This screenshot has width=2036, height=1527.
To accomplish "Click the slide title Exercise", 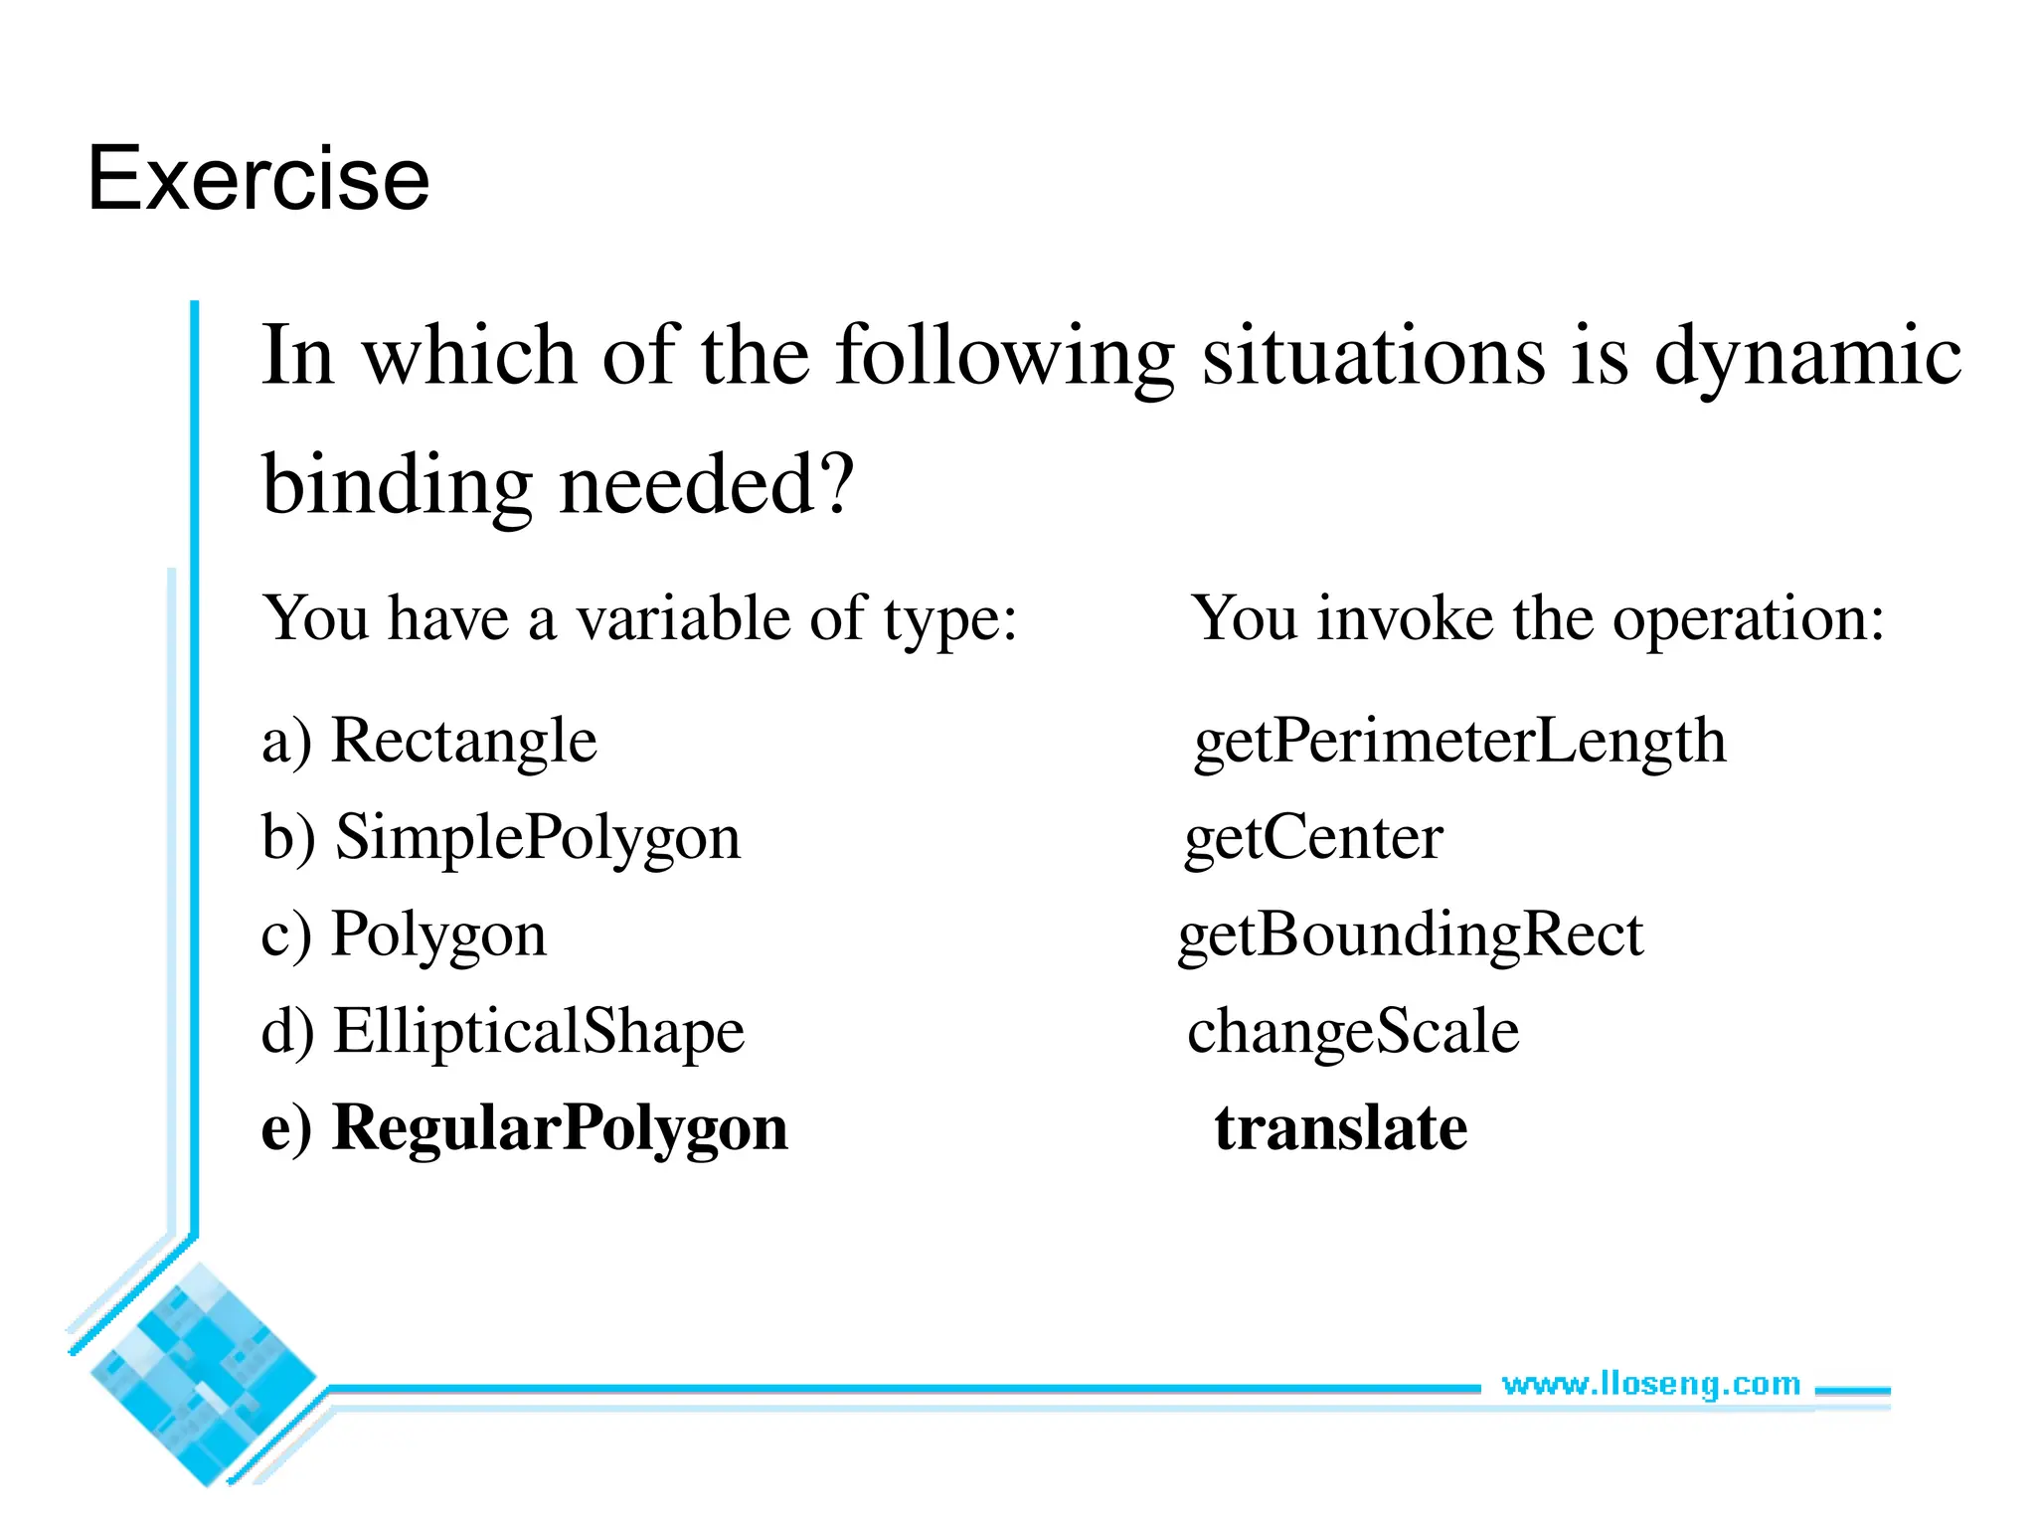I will click(x=258, y=179).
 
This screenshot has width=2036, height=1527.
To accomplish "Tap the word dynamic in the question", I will click(x=1807, y=356).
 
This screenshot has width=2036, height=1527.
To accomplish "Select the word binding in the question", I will click(x=398, y=485).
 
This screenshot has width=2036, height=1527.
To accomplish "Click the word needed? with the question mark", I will click(x=707, y=485).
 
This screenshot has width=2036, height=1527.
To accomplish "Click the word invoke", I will click(x=1405, y=618).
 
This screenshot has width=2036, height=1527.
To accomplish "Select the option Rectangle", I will click(x=463, y=741).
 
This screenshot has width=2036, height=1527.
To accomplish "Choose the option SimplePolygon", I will click(x=538, y=837).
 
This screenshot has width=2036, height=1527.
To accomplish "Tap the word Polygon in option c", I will click(x=438, y=934).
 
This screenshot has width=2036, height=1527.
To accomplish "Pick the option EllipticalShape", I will click(x=539, y=1031).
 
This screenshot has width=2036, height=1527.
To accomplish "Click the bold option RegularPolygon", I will click(x=560, y=1128).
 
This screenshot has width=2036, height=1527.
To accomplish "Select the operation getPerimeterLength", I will click(x=1459, y=741).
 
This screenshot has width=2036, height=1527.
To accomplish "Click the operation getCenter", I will click(x=1313, y=837).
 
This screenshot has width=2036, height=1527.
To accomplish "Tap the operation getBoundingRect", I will click(x=1410, y=934).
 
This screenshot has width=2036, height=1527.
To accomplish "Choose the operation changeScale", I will click(x=1353, y=1031).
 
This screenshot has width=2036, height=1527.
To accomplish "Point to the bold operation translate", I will click(x=1340, y=1128).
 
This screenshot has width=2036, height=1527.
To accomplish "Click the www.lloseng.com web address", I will click(x=1650, y=1384).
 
